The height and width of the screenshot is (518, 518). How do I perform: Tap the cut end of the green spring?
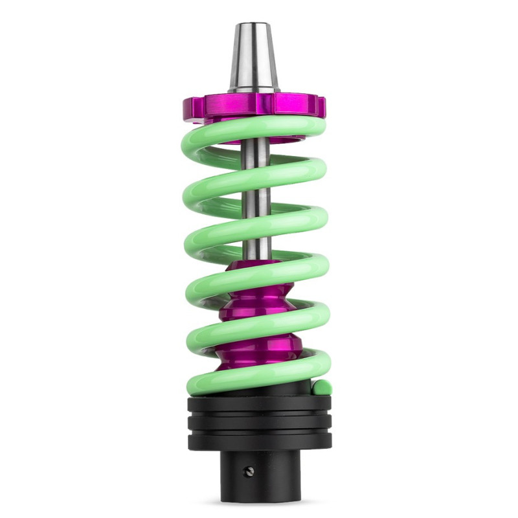[322, 388]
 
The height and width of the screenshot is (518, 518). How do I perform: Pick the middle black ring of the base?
[259, 424]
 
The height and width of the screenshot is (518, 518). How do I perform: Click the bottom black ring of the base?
[259, 442]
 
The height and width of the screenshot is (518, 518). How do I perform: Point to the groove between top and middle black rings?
[259, 415]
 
